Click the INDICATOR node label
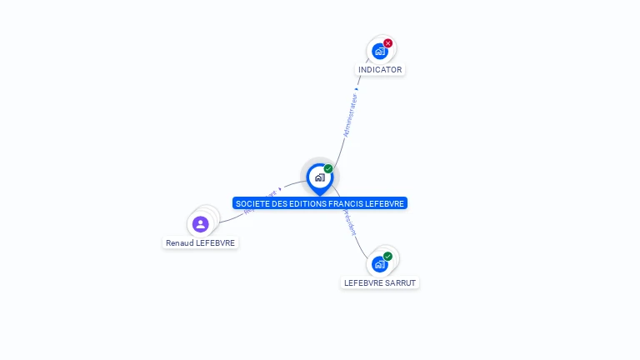tap(380, 70)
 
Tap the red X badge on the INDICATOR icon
tap(388, 43)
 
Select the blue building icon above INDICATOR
tap(380, 52)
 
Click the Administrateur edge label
tap(350, 115)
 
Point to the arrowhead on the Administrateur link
tap(356, 88)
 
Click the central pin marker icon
tap(319, 177)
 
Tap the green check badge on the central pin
tap(328, 169)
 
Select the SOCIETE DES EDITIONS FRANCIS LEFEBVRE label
tap(320, 203)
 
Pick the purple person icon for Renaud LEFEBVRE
tap(200, 224)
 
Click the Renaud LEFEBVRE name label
tap(201, 243)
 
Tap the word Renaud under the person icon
tap(179, 243)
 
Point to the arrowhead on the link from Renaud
tap(280, 188)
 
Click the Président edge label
tap(348, 222)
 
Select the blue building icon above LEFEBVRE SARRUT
tap(380, 264)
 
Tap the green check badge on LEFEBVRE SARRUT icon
tap(388, 256)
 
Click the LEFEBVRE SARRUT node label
tap(380, 282)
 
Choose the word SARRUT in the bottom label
tap(400, 282)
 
